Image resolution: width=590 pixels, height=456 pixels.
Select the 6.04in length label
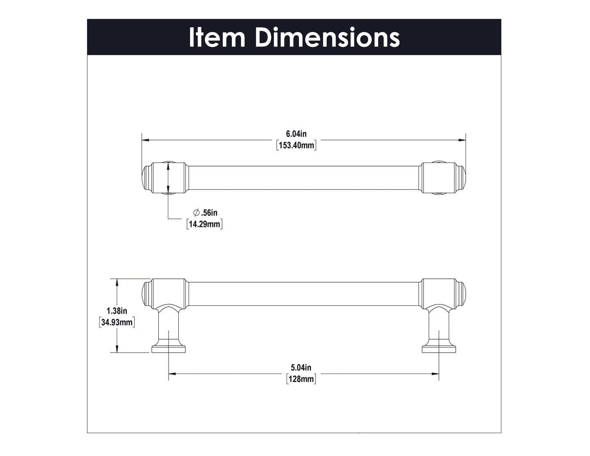pos(296,134)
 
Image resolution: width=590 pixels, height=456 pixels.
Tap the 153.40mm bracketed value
pos(296,145)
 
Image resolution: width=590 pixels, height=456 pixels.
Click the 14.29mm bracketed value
pos(205,224)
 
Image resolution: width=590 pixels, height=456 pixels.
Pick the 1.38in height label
pos(117,311)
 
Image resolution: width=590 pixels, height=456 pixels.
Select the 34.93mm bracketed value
pos(117,323)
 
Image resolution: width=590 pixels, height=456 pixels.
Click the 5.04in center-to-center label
pos(301,368)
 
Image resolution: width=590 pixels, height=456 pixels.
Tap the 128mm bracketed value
pos(301,379)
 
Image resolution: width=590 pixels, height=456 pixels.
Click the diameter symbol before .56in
pos(196,213)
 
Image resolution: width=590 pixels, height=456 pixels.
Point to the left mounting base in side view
pos(169,349)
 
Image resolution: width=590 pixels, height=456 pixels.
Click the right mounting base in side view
pos(439,349)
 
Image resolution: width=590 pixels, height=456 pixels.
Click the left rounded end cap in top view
pos(146,178)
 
